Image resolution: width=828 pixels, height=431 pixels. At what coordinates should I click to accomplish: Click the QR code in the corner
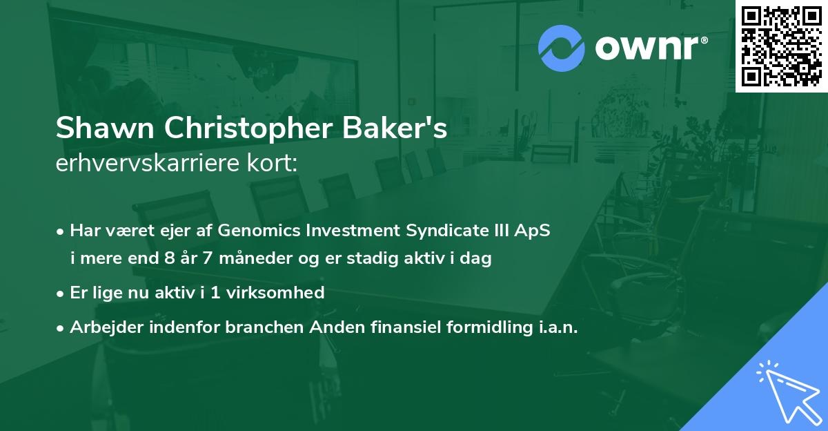[x=781, y=46]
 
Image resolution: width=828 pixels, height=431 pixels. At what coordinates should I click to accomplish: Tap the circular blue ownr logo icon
[x=562, y=48]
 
